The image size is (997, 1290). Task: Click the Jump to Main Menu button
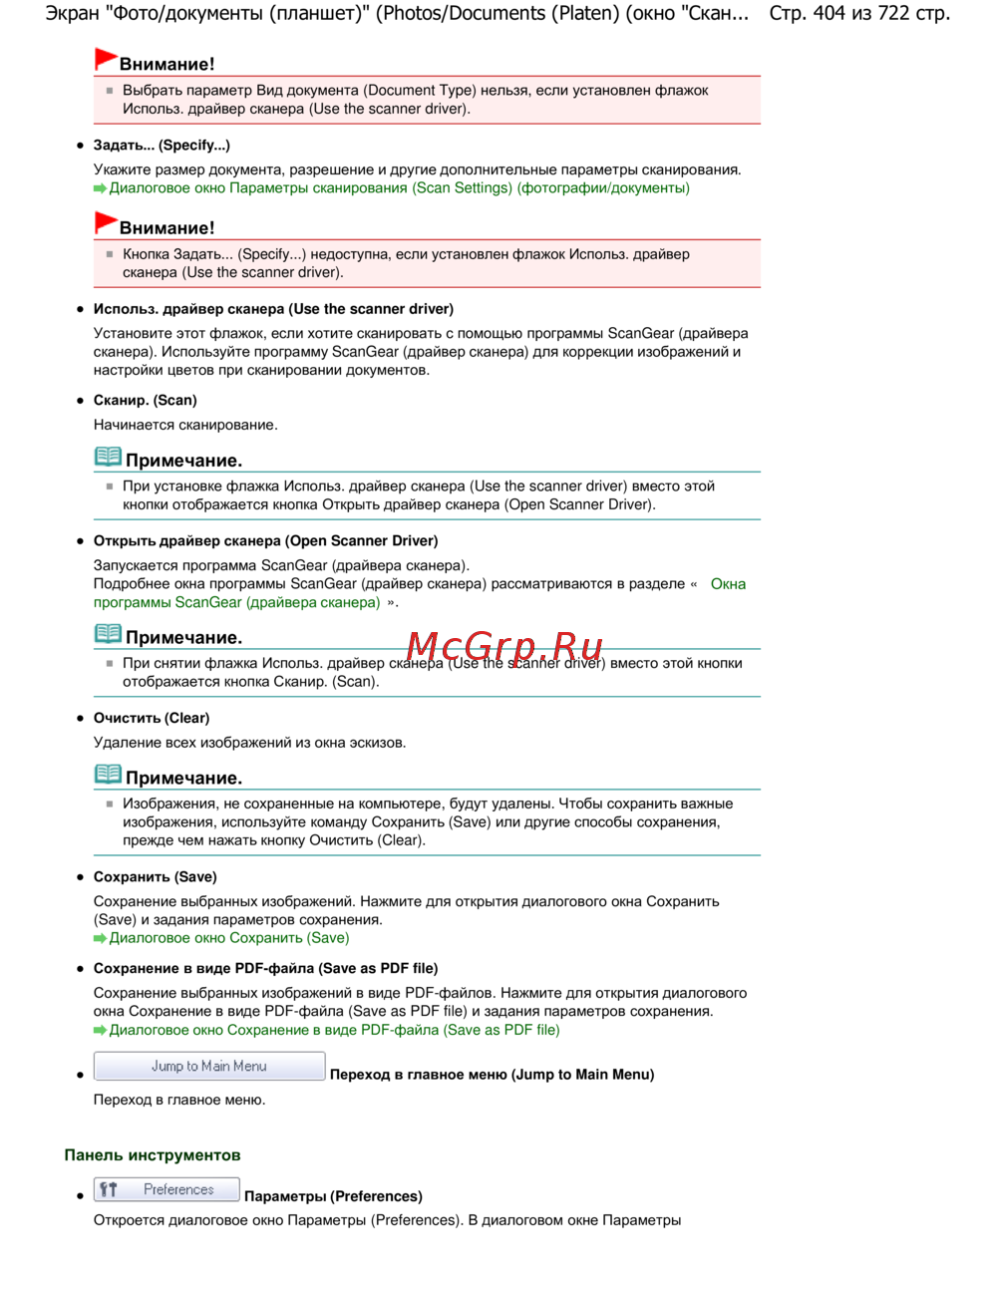209,1066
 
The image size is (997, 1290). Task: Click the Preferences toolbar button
166,1189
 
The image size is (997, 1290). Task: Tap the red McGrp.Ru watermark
504,647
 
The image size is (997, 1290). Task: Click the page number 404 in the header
829,14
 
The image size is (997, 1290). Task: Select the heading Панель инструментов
153,1155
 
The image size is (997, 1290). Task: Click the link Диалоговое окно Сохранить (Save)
229,938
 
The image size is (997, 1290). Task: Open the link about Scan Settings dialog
399,188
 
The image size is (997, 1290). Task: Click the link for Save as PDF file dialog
334,1030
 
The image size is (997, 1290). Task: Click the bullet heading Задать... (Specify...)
162,146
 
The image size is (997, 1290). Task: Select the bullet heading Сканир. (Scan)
146,401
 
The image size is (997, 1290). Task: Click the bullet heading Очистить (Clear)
152,719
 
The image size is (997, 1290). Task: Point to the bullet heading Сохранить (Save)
155,877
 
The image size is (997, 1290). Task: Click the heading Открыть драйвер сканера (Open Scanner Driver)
265,541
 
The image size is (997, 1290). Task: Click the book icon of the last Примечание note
108,775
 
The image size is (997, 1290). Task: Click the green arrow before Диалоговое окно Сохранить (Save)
100,939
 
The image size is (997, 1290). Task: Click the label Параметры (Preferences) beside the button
333,1196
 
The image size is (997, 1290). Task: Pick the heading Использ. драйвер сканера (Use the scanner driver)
273,309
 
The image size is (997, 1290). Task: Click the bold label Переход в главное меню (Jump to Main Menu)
492,1075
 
